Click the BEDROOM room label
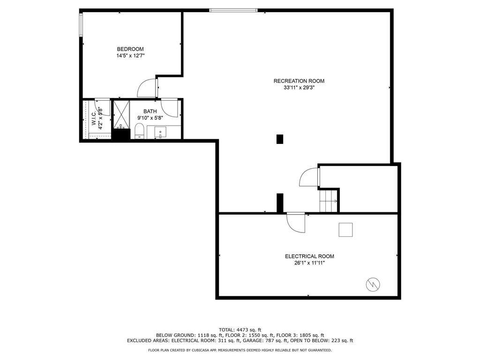[130, 49]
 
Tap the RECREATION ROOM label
[299, 81]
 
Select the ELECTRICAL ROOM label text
[309, 256]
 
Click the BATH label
[150, 112]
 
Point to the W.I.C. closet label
[94, 118]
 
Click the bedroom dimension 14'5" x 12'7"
[130, 56]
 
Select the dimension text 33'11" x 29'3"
[299, 88]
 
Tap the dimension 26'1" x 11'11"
[309, 263]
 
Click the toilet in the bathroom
[139, 131]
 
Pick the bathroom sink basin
[160, 133]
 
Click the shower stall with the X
[121, 114]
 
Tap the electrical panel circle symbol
[373, 285]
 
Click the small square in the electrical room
[345, 230]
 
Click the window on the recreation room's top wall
[233, 10]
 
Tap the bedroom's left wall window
[81, 24]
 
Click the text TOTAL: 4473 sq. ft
[240, 330]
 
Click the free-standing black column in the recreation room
[280, 139]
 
